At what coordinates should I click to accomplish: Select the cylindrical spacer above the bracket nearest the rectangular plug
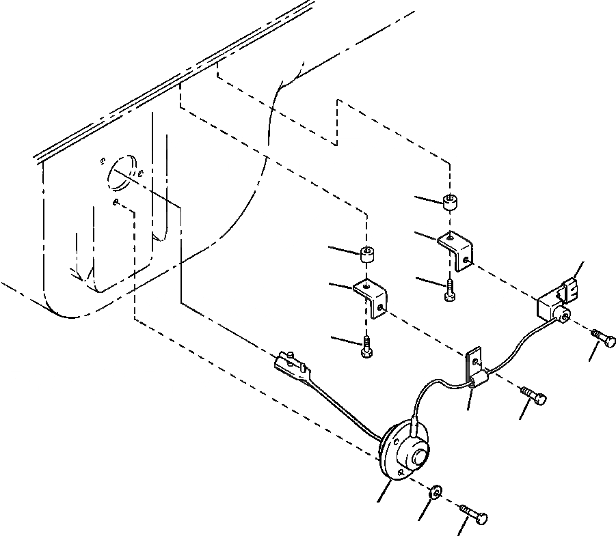point(450,202)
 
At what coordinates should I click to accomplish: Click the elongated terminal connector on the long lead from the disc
point(292,363)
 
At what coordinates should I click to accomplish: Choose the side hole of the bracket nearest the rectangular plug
point(466,259)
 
